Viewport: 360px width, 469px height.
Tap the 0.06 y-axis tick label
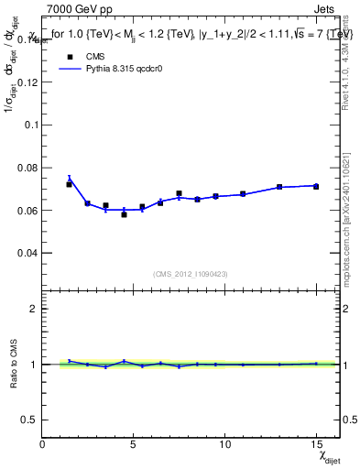27,210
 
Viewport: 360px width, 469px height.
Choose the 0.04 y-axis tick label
27,253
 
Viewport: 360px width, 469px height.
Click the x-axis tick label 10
224,444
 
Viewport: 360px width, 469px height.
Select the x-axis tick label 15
315,444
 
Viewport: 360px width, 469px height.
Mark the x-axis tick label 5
134,444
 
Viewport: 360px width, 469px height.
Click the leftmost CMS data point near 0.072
70,184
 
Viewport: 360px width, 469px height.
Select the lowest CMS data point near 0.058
124,214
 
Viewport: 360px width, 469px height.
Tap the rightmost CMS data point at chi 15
316,186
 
